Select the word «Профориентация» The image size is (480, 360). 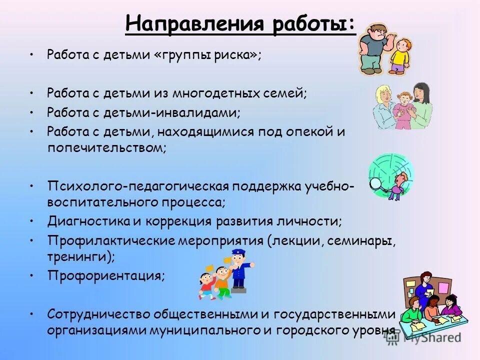click(105, 275)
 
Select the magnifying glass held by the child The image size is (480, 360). click(376, 183)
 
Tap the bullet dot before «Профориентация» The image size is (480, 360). click(31, 275)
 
